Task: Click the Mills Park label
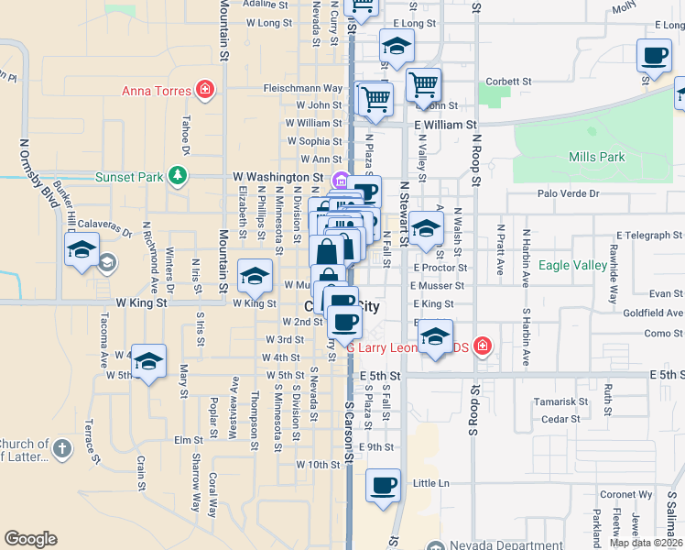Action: click(596, 157)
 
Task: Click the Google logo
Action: click(30, 538)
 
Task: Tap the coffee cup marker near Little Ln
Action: click(383, 484)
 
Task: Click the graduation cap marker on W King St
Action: click(255, 275)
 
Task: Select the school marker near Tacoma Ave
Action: click(148, 361)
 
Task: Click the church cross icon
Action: click(61, 448)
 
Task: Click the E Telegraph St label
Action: click(637, 236)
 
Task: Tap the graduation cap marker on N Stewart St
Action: click(425, 229)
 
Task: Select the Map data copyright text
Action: click(645, 542)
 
